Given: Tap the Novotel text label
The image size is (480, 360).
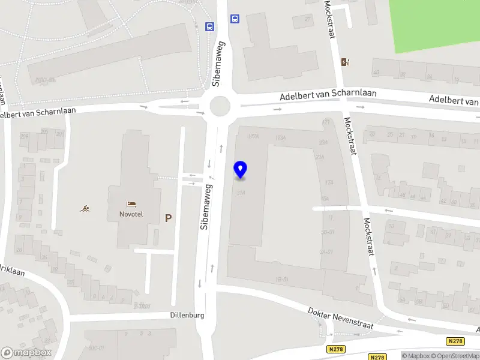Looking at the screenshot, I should click(131, 215).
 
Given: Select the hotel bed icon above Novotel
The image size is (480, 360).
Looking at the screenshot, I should click(131, 205).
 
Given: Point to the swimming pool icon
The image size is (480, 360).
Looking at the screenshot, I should click(86, 209).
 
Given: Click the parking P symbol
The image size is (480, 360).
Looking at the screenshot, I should click(169, 218).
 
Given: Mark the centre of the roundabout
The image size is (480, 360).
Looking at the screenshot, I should click(220, 107).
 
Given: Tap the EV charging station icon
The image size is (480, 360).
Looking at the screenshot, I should click(345, 62).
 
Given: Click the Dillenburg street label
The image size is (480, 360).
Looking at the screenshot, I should click(187, 315).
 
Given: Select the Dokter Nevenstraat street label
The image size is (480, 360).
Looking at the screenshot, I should click(340, 319).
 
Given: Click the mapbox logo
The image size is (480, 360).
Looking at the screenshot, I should click(26, 353).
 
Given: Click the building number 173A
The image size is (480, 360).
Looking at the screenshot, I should click(280, 139).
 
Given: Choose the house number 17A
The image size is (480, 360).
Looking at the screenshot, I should click(328, 182).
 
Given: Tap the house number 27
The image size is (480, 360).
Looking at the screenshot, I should click(308, 19).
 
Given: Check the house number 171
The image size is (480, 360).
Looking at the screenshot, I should click(326, 122).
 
